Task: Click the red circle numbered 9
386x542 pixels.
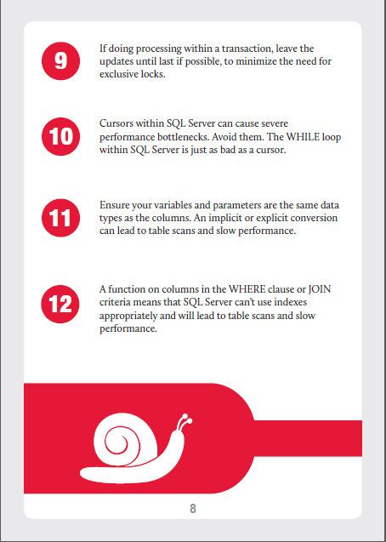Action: coord(60,61)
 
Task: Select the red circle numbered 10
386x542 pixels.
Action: coord(60,136)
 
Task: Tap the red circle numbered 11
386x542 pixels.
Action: coord(60,218)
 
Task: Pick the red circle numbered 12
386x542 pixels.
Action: coord(60,305)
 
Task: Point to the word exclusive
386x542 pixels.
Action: coord(118,74)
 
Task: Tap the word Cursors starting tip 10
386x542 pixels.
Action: coord(116,123)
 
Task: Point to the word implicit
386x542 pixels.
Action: coord(248,218)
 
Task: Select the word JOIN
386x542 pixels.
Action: coord(320,289)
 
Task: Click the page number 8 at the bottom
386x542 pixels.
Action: coord(193,509)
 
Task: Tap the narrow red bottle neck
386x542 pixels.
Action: coord(308,438)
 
